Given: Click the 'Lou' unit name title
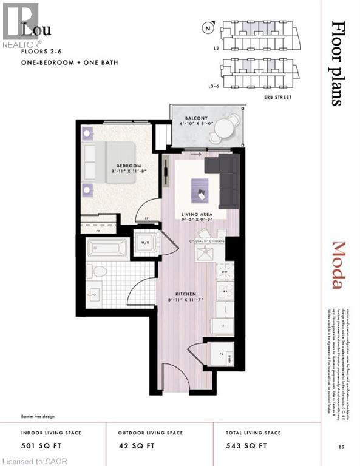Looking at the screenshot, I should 36,30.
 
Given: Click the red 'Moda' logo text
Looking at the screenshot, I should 338,266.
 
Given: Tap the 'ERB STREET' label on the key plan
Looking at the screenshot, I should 279,97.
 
